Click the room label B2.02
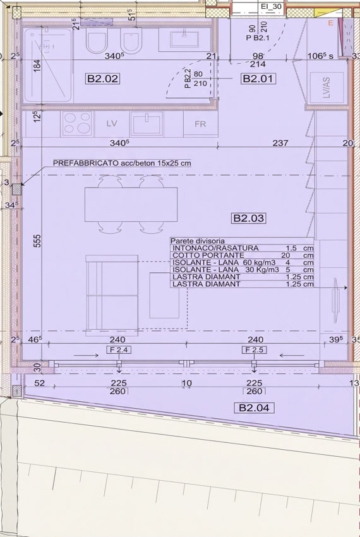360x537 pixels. (102, 78)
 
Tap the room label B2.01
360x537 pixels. (258, 78)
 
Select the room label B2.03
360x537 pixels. (249, 218)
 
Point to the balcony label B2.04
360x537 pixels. (254, 407)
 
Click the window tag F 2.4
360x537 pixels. (119, 349)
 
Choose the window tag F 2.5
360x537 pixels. (254, 349)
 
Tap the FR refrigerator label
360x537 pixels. (200, 124)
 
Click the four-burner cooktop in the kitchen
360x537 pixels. (77, 123)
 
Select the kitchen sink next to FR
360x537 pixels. (147, 124)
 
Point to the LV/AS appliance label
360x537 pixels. (327, 87)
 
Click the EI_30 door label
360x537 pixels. (272, 6)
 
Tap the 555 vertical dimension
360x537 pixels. (37, 241)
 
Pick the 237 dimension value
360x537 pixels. (280, 143)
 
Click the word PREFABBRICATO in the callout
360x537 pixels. (85, 163)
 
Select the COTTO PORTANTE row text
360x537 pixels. (208, 255)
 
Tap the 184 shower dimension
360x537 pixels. (37, 66)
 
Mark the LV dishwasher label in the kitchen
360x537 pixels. (112, 123)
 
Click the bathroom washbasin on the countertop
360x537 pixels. (184, 40)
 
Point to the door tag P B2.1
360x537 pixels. (258, 38)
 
